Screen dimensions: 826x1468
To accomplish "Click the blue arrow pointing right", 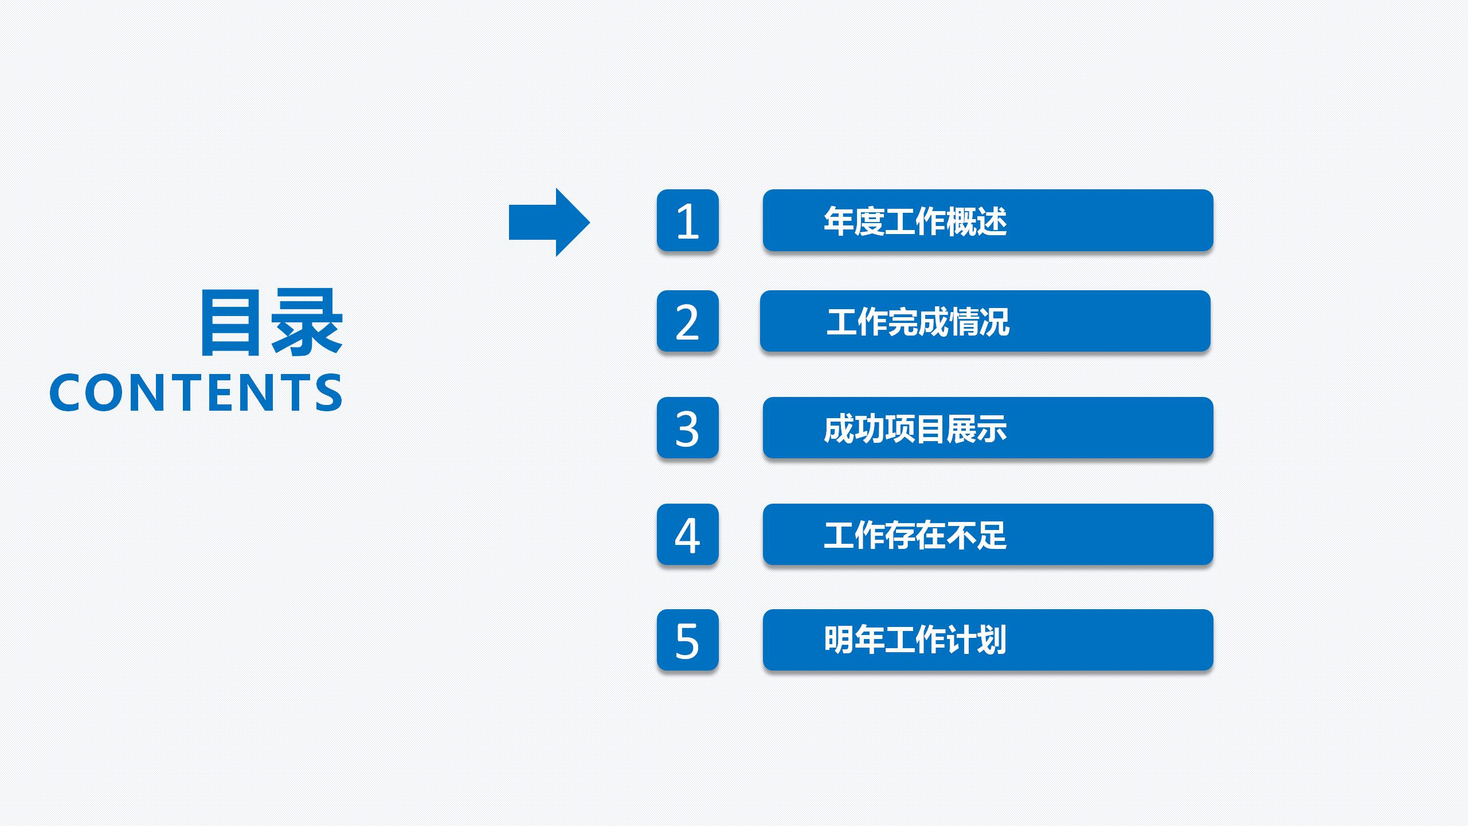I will tap(547, 222).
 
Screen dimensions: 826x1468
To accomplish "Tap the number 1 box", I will tap(687, 220).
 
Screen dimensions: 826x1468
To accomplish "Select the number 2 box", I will tap(687, 321).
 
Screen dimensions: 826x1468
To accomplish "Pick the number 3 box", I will tap(687, 428).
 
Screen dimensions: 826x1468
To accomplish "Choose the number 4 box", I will tap(687, 535).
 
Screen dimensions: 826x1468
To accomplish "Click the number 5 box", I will tap(687, 640).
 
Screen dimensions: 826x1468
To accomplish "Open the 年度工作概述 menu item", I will tap(988, 220).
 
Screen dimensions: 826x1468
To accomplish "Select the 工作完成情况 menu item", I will tap(985, 321).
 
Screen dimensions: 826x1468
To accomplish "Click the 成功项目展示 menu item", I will tap(988, 428).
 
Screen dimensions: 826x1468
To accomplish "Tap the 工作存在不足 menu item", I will tap(988, 535).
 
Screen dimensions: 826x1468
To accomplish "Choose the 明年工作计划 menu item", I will tap(988, 640).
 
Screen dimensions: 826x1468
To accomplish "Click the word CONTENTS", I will tap(196, 392).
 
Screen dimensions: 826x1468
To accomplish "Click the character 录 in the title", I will tap(307, 322).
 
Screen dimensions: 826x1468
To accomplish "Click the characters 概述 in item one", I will tap(976, 221).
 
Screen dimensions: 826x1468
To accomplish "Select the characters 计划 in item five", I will tap(976, 640).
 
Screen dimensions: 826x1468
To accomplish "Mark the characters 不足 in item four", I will tap(976, 535).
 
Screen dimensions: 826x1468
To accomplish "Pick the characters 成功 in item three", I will tap(854, 428).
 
